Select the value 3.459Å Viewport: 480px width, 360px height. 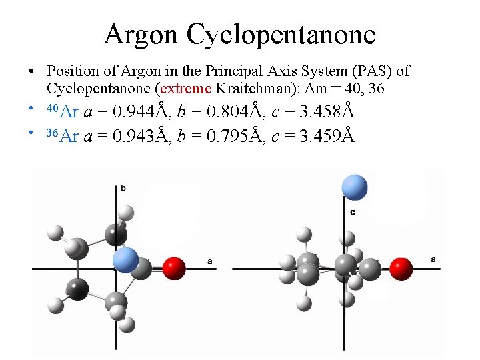pyautogui.click(x=324, y=136)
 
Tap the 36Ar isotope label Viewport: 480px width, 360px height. pyautogui.click(x=61, y=136)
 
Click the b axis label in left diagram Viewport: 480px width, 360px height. pyautogui.click(x=123, y=189)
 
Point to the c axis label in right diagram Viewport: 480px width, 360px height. pyautogui.click(x=352, y=212)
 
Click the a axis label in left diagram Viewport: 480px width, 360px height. pyautogui.click(x=210, y=262)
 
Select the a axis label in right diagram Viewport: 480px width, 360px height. pyautogui.click(x=433, y=259)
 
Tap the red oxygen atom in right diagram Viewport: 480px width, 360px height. pyautogui.click(x=401, y=269)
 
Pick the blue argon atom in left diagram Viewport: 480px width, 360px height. pyautogui.click(x=125, y=259)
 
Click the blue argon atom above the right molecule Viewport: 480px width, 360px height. pyautogui.click(x=354, y=187)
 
